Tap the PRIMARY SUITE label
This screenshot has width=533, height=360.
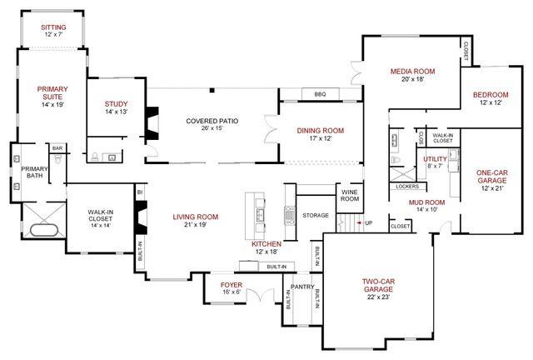tap(51, 93)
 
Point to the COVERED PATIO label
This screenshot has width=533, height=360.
tap(212, 122)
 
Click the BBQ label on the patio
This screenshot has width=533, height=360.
tap(320, 94)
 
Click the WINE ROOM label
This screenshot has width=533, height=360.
tap(350, 195)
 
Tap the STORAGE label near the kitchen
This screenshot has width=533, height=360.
tap(316, 215)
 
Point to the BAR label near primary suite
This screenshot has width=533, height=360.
tap(57, 148)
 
